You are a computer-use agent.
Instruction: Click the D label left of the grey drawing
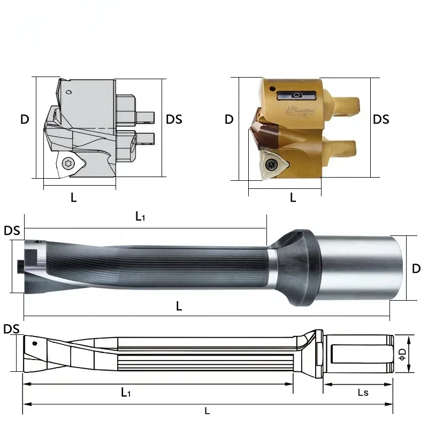coord(25,119)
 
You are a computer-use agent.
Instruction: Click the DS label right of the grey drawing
coord(174,119)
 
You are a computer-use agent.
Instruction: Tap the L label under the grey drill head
coord(73,197)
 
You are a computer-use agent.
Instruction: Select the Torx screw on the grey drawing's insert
coord(67,164)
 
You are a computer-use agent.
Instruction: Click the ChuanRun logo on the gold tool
coord(300,110)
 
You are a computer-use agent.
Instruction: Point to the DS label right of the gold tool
coord(381,119)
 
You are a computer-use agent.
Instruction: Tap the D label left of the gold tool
coord(229,119)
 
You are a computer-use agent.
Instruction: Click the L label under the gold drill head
coord(293,197)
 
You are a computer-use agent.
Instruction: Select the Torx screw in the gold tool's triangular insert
coord(272,164)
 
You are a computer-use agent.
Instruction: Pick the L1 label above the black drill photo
coord(140,216)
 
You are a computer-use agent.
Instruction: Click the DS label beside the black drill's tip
coord(12,231)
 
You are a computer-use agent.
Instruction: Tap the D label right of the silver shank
coord(416,269)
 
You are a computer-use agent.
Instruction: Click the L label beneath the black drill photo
coord(179,306)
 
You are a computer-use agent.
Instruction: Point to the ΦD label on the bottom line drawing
coord(403,354)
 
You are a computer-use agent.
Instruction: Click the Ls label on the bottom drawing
coord(363,393)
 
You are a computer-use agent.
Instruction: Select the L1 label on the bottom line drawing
coord(126,392)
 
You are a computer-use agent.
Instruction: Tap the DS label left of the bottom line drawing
coord(11,329)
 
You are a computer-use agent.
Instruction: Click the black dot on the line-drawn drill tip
coord(35,343)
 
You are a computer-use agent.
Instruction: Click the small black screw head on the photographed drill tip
coord(20,266)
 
